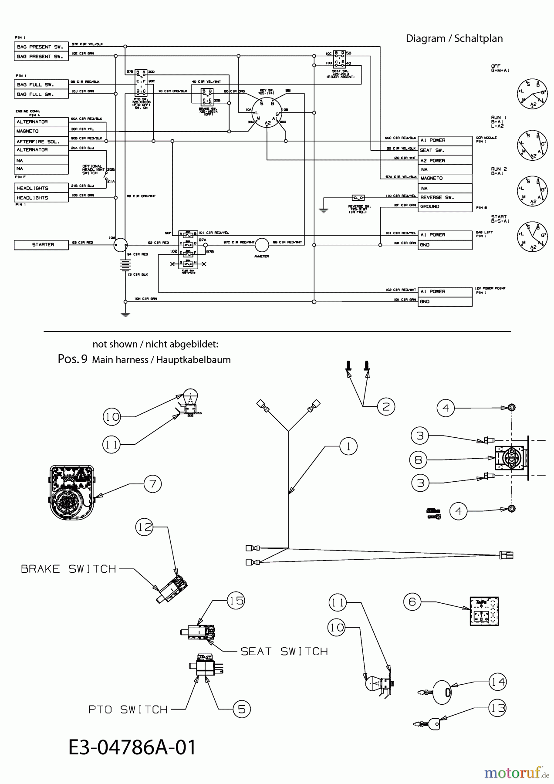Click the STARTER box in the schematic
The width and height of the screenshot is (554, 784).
click(x=41, y=245)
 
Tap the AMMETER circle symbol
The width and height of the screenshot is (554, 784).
click(x=262, y=245)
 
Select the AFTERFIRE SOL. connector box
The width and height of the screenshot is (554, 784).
click(x=41, y=141)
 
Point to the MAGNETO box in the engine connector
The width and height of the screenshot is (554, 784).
click(x=41, y=131)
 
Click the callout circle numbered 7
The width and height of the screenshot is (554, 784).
click(x=152, y=483)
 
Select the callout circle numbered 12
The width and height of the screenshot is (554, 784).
click(x=145, y=527)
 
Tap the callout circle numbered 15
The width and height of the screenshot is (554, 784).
click(x=236, y=601)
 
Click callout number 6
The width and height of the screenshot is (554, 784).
click(x=412, y=602)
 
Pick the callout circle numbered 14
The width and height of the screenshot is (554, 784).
click(x=498, y=682)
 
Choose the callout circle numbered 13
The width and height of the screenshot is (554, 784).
click(x=498, y=709)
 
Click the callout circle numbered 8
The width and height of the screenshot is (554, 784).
click(x=419, y=460)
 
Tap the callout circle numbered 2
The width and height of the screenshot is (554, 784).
click(x=386, y=406)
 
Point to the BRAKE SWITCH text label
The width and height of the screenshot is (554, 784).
click(x=69, y=569)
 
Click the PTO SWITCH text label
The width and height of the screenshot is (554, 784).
click(x=128, y=710)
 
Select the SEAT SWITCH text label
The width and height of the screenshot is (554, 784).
click(x=284, y=651)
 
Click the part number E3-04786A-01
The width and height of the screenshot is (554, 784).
click(x=132, y=747)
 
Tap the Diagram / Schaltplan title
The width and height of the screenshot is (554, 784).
click(x=454, y=38)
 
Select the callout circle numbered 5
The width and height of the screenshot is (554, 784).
click(x=242, y=709)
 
